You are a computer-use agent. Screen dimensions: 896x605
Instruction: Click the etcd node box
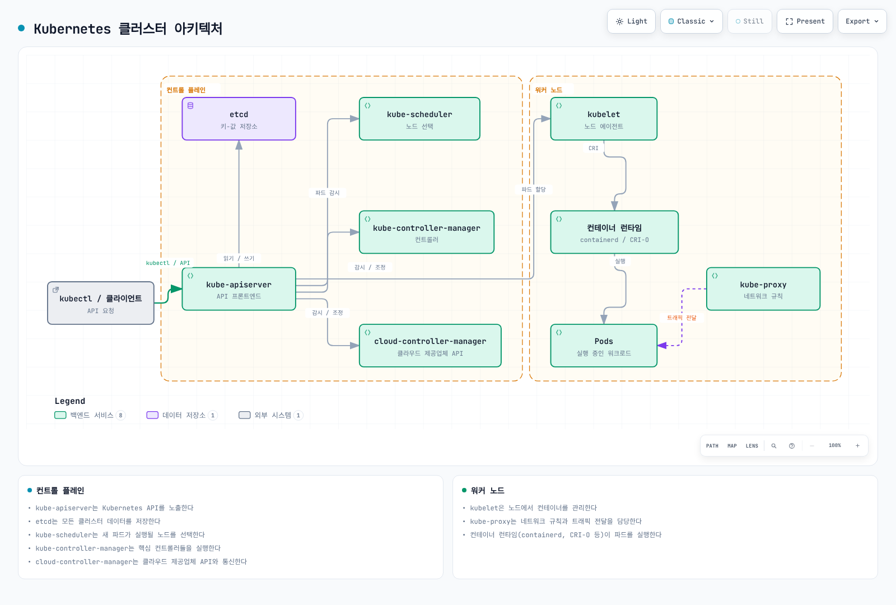coord(239,119)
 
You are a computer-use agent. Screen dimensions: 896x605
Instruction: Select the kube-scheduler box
coord(419,119)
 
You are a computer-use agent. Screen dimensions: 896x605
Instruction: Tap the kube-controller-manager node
coord(426,232)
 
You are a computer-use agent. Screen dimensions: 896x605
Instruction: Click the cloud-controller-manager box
coord(430,346)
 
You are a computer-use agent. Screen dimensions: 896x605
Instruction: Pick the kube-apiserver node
coord(239,289)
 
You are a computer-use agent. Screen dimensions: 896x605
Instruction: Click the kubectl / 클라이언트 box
coord(101,303)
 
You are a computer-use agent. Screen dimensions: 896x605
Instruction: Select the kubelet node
coord(604,119)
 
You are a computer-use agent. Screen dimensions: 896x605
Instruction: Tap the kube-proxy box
coord(763,289)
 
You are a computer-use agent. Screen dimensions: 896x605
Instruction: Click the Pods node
coord(604,346)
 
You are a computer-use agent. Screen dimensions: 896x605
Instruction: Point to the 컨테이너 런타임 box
coord(614,232)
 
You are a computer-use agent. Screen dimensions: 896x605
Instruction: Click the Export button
coord(862,21)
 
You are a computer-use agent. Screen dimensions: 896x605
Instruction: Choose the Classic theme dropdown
coord(691,21)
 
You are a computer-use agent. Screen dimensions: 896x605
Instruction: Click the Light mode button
coord(631,21)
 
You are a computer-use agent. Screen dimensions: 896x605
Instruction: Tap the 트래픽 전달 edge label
coord(682,318)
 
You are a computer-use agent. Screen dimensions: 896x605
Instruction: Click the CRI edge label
coord(593,148)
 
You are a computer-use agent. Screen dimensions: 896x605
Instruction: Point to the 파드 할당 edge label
coord(534,189)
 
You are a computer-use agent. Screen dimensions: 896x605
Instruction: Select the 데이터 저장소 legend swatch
coord(152,415)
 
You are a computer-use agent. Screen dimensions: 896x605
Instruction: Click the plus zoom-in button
coord(857,446)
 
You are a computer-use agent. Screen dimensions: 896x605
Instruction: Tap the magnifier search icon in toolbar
coord(774,446)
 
